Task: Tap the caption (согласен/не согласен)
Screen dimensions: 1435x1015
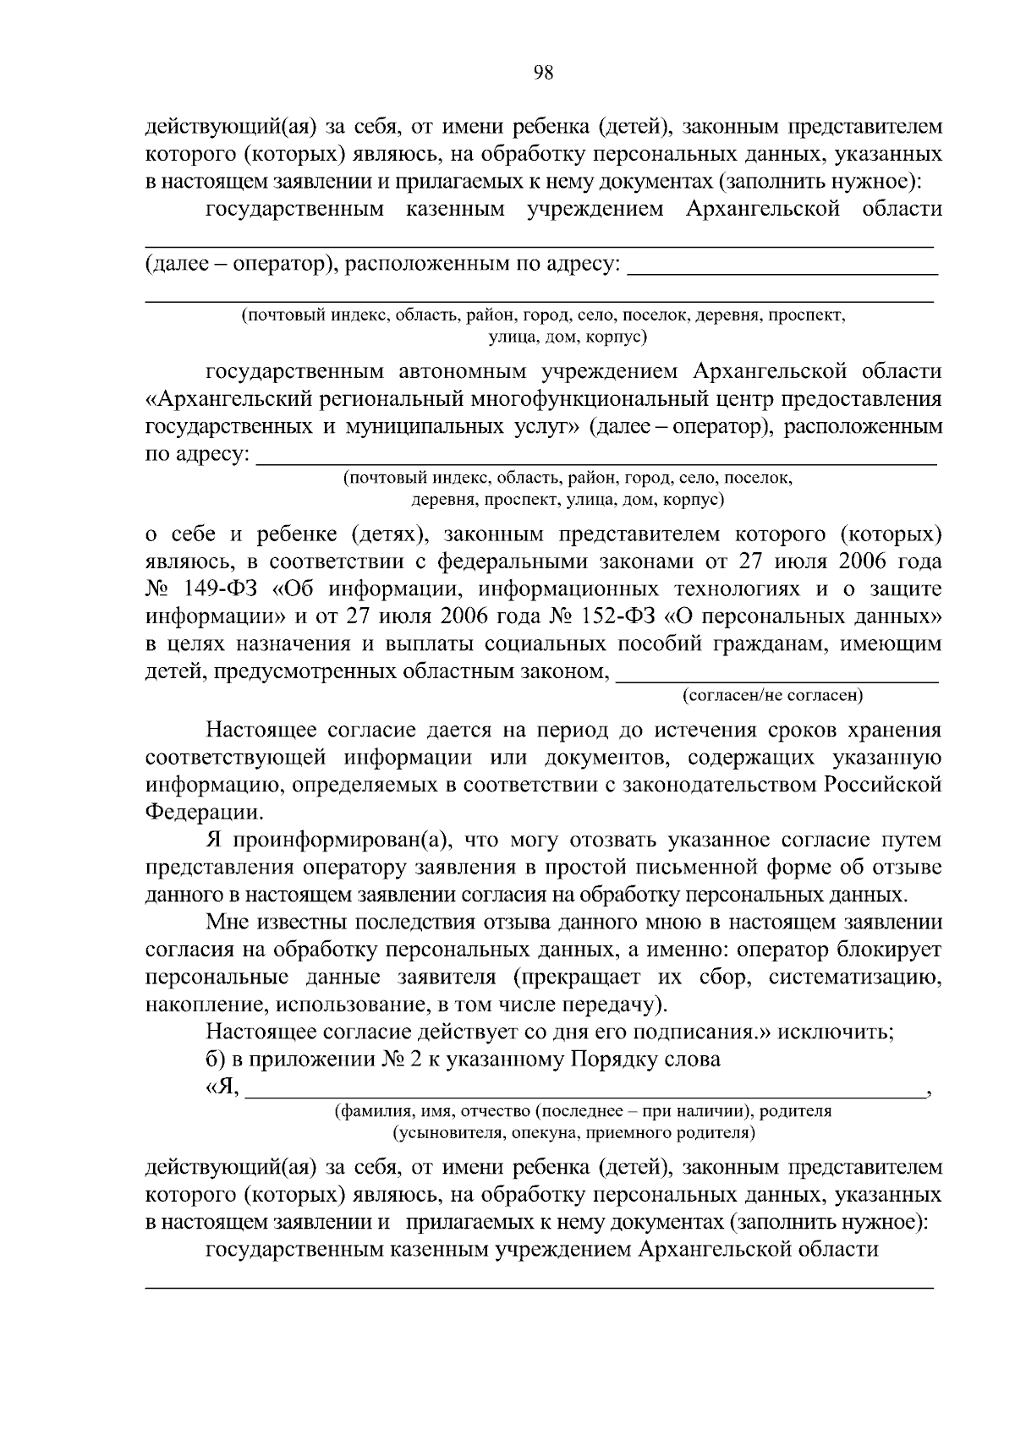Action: click(772, 696)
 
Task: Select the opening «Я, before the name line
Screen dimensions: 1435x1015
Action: click(222, 1087)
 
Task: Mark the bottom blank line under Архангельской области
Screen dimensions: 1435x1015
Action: click(540, 1286)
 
